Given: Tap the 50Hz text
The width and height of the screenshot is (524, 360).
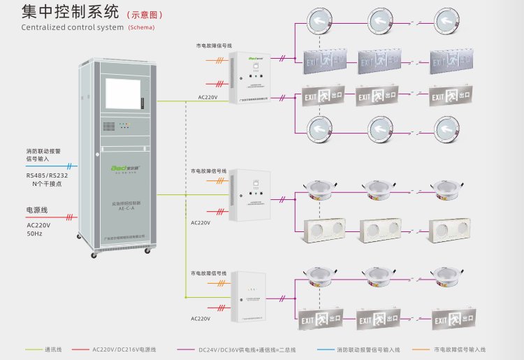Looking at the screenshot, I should click(36, 233).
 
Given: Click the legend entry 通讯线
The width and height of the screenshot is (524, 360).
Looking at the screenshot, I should click(54, 349).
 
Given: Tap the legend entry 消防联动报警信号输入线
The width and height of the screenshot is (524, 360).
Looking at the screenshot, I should click(370, 349).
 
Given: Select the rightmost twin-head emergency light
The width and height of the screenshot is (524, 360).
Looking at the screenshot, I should click(448, 231).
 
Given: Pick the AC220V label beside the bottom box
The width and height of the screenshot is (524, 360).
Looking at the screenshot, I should click(201, 318).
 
